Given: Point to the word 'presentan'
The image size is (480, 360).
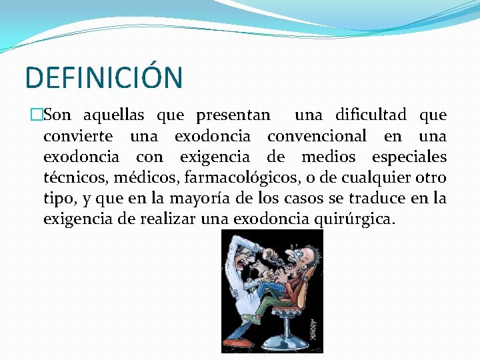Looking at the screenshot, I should (233, 115).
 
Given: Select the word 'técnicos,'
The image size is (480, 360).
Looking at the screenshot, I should (75, 178).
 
